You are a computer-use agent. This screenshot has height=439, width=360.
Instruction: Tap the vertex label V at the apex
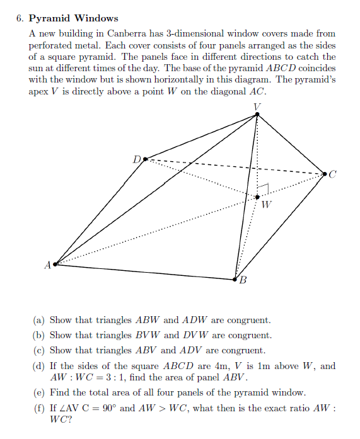256,106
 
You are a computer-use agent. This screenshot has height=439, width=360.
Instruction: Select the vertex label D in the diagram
137,159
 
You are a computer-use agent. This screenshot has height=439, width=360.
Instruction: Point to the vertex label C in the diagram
333,175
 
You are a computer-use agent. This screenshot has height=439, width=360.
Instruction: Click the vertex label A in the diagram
47,265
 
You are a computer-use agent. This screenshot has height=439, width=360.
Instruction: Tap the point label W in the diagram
267,204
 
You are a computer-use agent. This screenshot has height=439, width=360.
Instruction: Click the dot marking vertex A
55,265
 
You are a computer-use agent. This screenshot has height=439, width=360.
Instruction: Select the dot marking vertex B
236,278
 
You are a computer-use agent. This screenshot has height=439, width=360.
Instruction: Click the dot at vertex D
146,159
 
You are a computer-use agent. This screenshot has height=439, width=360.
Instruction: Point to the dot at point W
257,197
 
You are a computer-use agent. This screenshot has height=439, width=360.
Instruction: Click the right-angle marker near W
265,188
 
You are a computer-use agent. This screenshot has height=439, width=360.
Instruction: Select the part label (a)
38,321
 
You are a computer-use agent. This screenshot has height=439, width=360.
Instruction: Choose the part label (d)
38,366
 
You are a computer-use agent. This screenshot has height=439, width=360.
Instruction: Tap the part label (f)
38,409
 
